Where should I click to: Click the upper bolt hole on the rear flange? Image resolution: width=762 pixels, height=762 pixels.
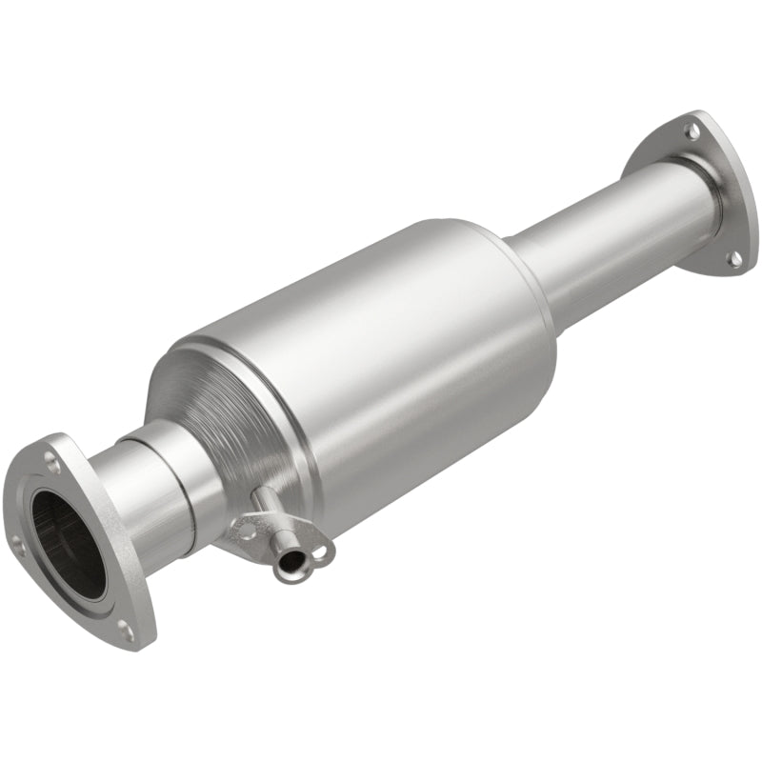click(x=692, y=130)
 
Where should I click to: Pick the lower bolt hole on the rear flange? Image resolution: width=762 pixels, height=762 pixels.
click(x=735, y=258)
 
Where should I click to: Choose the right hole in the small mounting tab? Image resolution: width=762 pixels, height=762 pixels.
click(x=320, y=550)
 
